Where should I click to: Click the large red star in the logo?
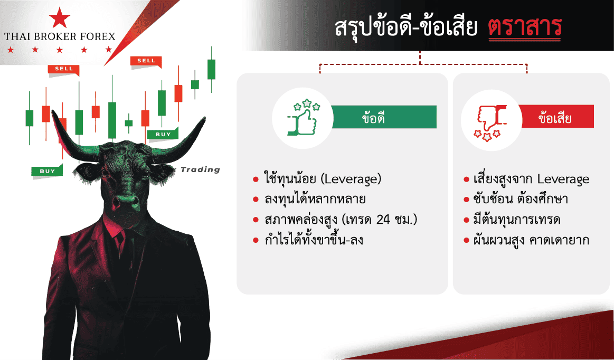point(60,17)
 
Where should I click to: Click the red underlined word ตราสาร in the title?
point(525,27)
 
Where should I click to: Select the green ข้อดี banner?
point(384,117)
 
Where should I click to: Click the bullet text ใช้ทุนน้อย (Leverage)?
point(323,179)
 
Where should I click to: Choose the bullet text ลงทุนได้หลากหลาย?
point(315,199)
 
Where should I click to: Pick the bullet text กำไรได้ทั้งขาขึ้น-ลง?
point(314,239)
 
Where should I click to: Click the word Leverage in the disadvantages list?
point(563,179)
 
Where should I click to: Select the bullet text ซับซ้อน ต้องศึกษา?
point(521,199)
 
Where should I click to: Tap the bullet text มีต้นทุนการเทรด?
point(516,220)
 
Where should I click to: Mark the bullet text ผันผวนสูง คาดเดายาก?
point(531,240)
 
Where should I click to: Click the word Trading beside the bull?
point(200,169)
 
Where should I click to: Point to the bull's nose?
point(125,202)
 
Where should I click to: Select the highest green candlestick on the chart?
point(212,69)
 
